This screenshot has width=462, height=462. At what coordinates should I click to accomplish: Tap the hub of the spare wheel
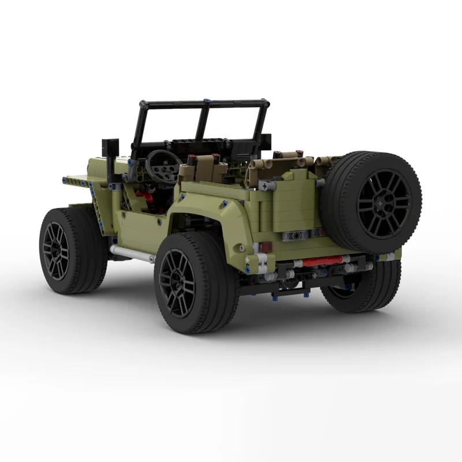pos(383,204)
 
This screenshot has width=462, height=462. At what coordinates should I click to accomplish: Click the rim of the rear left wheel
pos(178,284)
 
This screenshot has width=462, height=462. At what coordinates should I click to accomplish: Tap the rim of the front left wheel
pos(56,251)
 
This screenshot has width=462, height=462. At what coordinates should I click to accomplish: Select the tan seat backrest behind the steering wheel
pos(203,170)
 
